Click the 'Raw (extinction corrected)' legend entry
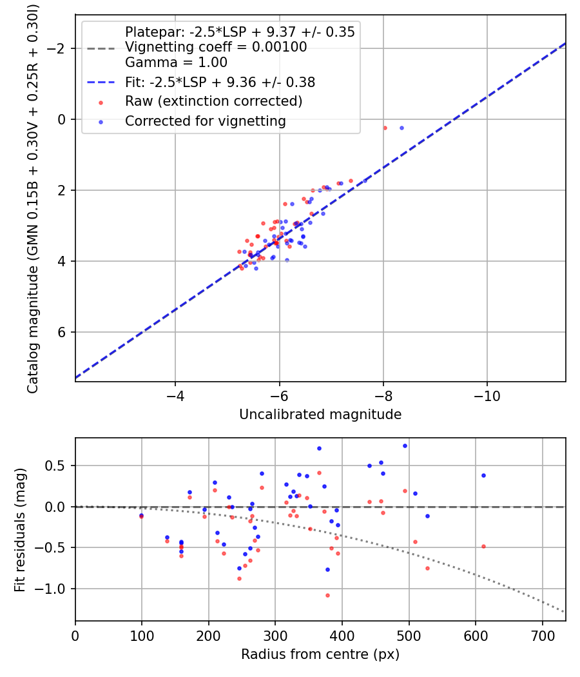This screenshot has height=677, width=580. tap(213, 101)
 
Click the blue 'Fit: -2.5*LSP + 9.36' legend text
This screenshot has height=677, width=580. tap(220, 82)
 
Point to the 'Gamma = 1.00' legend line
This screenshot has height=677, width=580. tap(176, 63)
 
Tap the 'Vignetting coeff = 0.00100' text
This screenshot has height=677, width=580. tap(216, 47)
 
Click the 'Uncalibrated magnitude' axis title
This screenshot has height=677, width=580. tap(320, 415)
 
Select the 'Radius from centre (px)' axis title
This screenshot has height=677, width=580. tap(320, 654)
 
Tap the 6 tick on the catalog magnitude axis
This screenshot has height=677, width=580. tap(62, 332)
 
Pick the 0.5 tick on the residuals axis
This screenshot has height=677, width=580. tap(59, 466)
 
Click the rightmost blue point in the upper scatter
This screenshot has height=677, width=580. tap(401, 128)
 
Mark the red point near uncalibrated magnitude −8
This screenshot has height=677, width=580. tap(385, 128)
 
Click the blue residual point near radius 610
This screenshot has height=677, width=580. tap(483, 475)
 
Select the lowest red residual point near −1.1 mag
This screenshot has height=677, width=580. tap(327, 595)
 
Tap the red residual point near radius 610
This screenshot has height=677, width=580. tap(483, 546)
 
